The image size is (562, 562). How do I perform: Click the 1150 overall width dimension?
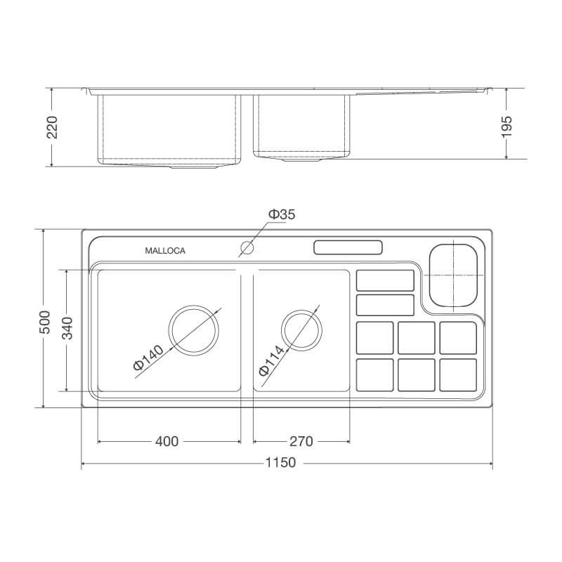coord(280,463)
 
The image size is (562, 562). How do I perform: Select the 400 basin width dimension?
coord(166,441)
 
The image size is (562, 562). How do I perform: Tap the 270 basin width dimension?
coord(301,441)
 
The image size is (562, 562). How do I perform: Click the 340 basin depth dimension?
coord(67,329)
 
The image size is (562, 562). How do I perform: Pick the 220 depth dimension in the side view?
coord(52,127)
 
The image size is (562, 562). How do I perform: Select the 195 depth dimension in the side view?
coord(508,126)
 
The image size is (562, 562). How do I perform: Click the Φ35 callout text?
coord(281,215)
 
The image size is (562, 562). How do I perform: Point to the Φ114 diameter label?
coord(272,359)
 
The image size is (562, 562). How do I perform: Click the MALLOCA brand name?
coord(165,251)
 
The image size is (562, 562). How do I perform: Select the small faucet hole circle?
coord(247,248)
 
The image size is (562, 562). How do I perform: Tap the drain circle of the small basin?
coord(302,329)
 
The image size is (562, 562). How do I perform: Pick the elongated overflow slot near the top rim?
coord(348,248)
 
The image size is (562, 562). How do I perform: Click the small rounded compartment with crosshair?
coord(453,275)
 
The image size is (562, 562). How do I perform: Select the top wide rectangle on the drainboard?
coord(385,280)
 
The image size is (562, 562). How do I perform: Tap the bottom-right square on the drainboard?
coord(458,374)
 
